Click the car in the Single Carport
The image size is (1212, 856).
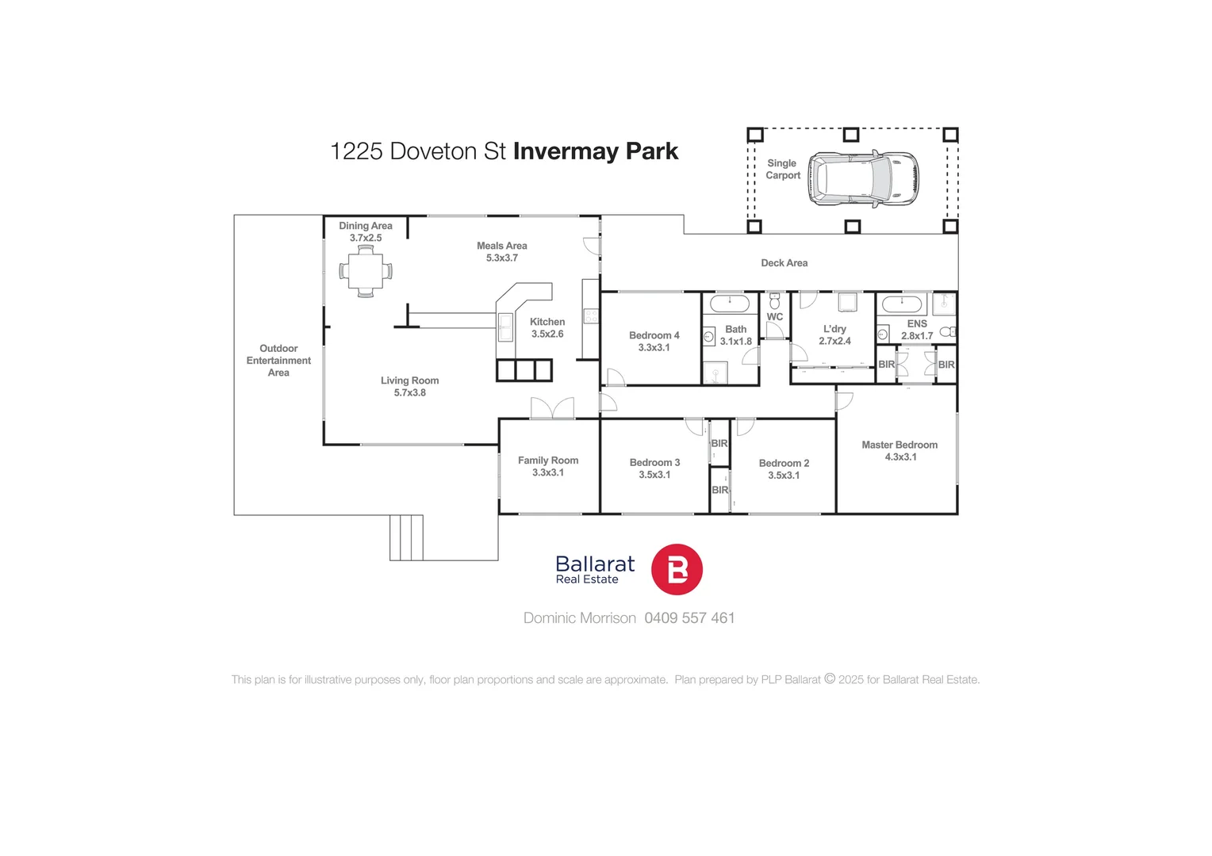[863, 178]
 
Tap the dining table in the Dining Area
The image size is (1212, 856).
[366, 271]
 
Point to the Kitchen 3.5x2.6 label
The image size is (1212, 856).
[547, 327]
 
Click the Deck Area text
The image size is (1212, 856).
[784, 263]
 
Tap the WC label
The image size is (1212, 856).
[775, 317]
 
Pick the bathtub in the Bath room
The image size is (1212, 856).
[730, 303]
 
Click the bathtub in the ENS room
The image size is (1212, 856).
[902, 304]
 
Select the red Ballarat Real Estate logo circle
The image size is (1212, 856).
[677, 569]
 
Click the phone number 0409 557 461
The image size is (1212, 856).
[689, 618]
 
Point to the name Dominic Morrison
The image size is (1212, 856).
[579, 618]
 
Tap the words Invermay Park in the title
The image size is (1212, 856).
[595, 151]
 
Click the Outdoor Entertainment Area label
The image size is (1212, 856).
[278, 361]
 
